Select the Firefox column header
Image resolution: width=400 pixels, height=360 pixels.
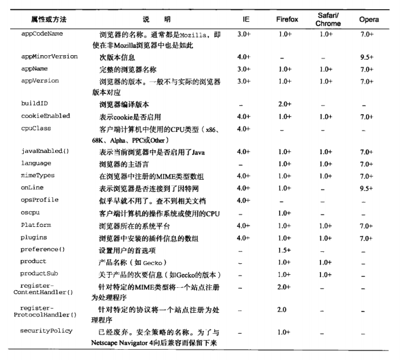[287, 19]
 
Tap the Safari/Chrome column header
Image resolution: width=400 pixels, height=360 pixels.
[328, 19]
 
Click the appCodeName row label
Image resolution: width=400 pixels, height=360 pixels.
[41, 34]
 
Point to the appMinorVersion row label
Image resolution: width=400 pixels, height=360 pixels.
[49, 57]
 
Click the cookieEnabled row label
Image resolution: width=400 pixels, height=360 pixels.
[45, 116]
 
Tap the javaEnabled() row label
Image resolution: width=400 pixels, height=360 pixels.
[45, 152]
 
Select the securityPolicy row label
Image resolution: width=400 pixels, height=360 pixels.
[45, 330]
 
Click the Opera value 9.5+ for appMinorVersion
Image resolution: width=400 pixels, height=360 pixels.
[366, 57]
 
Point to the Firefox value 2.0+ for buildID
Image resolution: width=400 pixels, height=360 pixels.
[285, 105]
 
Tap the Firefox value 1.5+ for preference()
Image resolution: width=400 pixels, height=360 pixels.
[285, 250]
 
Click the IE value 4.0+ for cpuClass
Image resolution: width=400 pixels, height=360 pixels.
[244, 129]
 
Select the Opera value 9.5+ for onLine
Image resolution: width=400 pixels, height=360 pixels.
[366, 188]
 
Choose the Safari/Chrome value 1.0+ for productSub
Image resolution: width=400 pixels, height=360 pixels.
[326, 274]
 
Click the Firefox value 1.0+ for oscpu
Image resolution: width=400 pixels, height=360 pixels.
[285, 213]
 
